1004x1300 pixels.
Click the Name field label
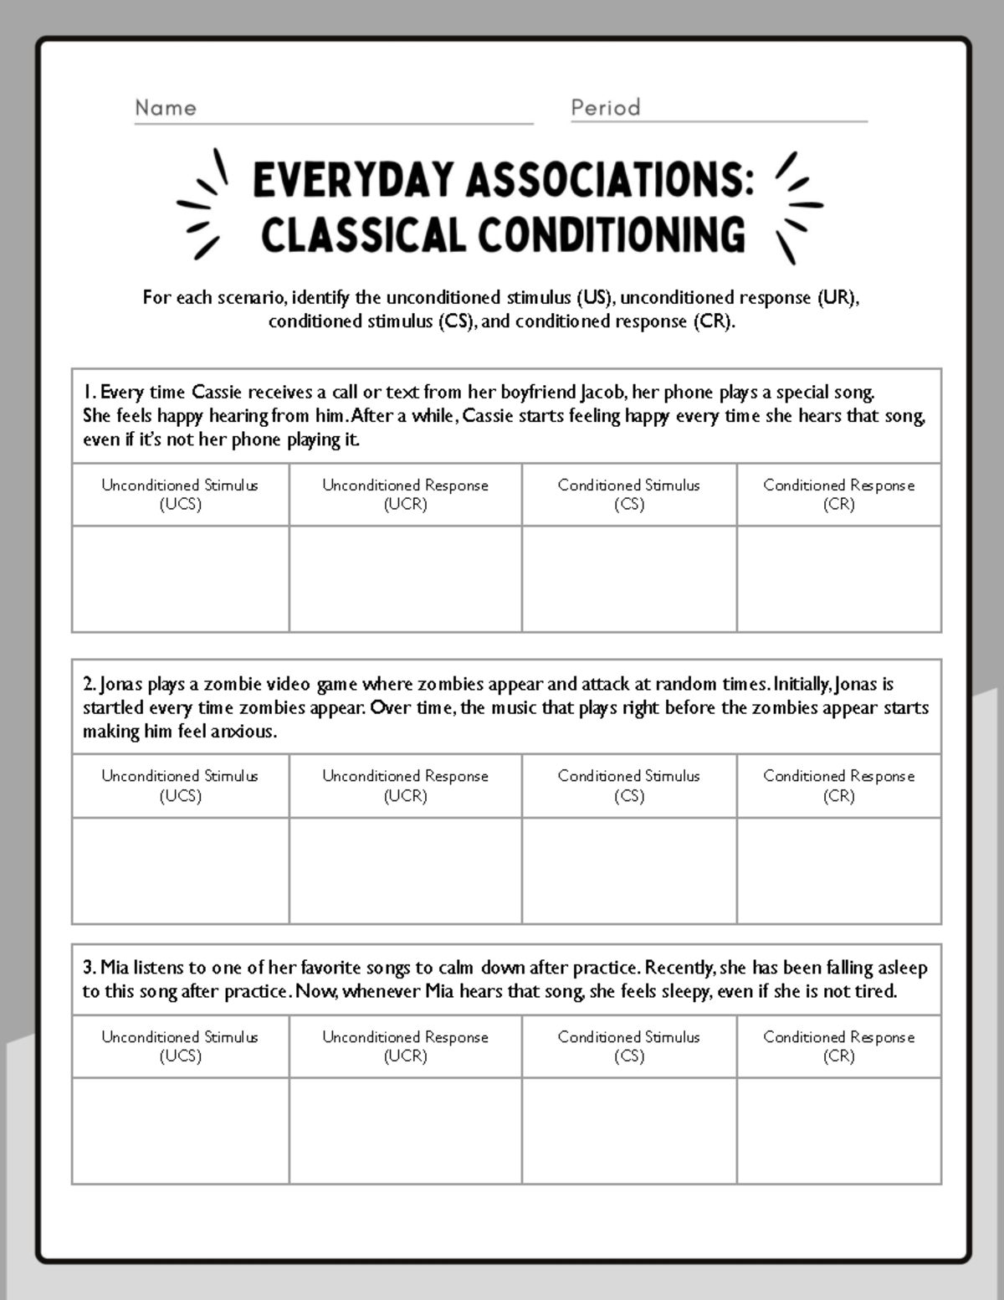coord(166,108)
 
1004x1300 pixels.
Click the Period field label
coord(606,108)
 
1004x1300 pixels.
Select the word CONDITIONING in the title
coord(612,235)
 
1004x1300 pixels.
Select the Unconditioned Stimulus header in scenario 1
coord(180,494)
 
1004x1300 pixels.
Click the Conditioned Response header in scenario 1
coord(838,494)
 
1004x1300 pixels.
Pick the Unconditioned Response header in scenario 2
coord(405,785)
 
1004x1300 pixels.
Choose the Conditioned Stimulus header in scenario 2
coord(628,785)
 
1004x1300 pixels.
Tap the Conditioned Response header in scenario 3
coord(838,1046)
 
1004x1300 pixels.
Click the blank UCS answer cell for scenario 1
coord(180,578)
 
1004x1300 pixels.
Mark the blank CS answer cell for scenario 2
coord(628,871)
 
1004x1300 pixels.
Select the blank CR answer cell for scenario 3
coord(838,1130)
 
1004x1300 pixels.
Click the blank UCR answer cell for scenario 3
coord(405,1130)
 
